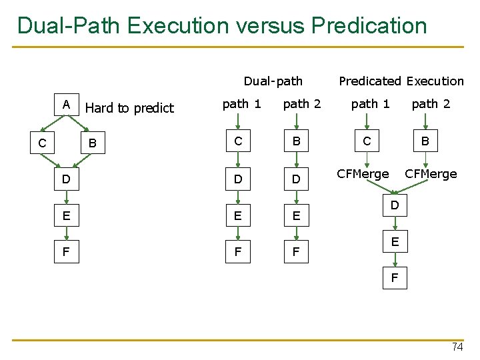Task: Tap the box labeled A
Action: (66, 105)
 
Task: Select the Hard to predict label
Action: (129, 108)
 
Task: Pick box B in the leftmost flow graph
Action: (93, 142)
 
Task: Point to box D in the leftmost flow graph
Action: (65, 179)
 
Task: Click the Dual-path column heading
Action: (273, 81)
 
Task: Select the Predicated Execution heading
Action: (401, 81)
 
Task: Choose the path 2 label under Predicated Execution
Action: (431, 103)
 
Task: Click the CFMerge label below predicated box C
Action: (363, 174)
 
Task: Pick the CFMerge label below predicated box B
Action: (431, 174)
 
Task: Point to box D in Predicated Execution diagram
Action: (395, 206)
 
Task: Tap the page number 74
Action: (457, 347)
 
